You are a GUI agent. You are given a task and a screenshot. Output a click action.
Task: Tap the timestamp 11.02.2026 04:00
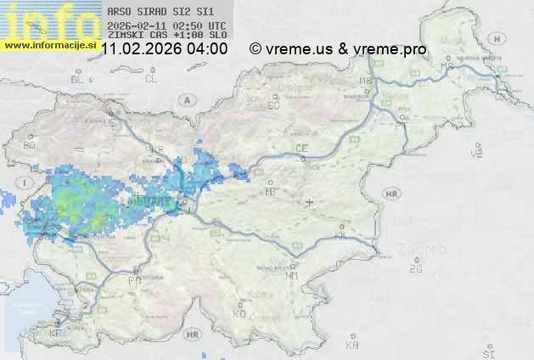pos(164,48)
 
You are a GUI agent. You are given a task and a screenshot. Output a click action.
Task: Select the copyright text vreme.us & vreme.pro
pos(338,48)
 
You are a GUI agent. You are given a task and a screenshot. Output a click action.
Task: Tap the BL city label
pos(78,79)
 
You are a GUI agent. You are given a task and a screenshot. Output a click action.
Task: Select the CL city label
pos(151,79)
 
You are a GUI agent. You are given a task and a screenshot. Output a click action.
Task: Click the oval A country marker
pos(186,99)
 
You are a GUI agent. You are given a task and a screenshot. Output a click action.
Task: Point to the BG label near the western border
pos(30,145)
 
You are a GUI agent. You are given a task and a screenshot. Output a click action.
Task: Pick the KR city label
pos(157,149)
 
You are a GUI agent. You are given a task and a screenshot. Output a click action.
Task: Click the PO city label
pos(133,279)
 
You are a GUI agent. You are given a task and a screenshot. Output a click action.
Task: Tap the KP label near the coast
pos(55,334)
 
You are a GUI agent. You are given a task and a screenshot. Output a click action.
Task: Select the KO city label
pos(239,313)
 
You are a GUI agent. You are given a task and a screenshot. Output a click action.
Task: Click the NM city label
pos(293,275)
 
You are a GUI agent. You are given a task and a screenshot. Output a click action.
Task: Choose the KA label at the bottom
pos(352,346)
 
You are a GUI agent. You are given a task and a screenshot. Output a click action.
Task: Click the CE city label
pos(301,149)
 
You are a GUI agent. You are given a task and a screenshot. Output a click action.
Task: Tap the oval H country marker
pos(503,39)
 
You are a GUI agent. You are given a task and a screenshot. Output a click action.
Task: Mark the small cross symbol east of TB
pos(310,202)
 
